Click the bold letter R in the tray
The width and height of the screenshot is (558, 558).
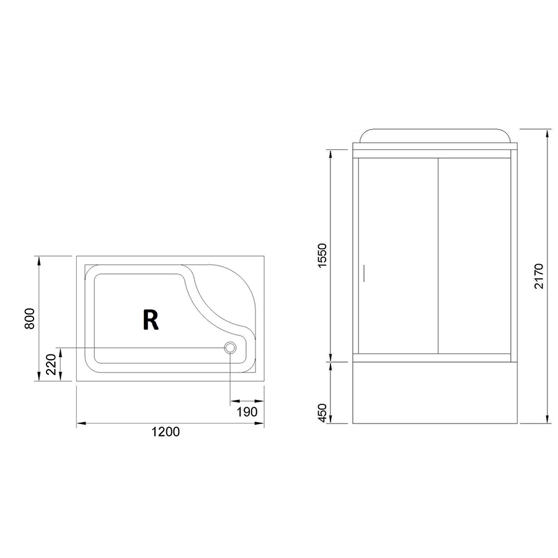pos(150,319)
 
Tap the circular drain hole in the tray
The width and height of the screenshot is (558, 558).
pos(230,347)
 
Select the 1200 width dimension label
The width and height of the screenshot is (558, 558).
pos(166,432)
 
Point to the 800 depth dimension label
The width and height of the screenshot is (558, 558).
pos(30,318)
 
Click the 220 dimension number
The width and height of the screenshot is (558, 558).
pos(51,364)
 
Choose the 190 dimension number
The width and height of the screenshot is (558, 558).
pos(247,412)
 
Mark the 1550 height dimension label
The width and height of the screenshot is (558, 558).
pos(321,256)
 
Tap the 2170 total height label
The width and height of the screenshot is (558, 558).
pos(539,276)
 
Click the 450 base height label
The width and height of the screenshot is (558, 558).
pos(322,413)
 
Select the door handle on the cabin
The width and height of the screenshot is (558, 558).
pos(364,273)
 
